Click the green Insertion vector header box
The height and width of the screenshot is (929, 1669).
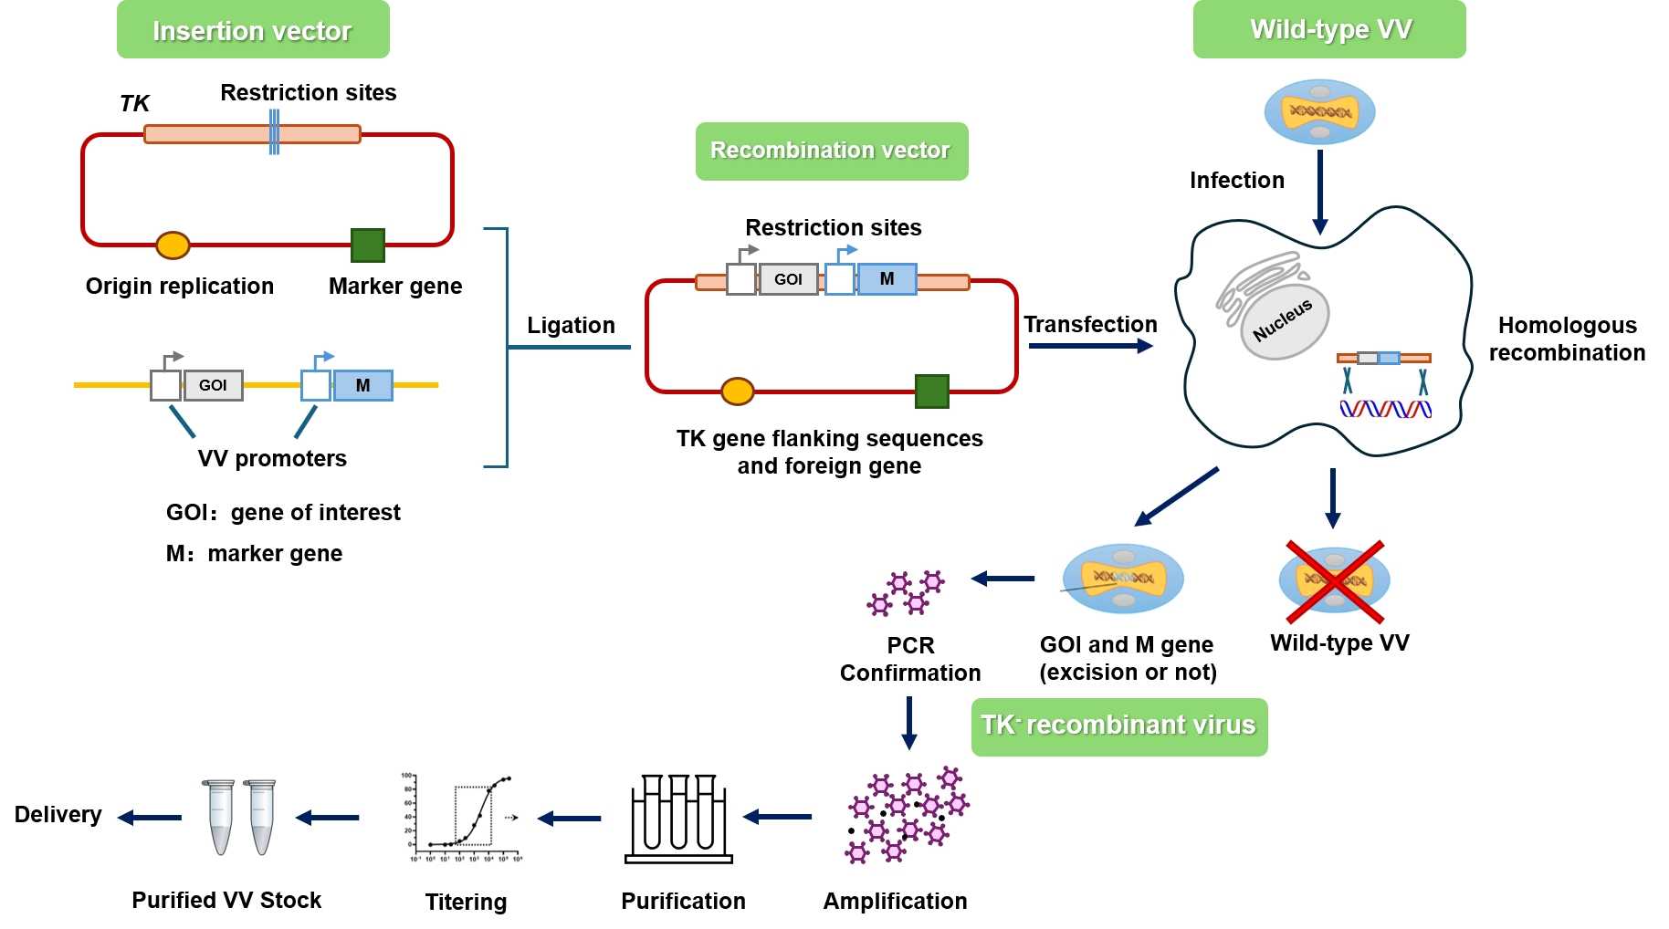[x=253, y=30]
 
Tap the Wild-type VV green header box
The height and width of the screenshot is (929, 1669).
[x=1328, y=30]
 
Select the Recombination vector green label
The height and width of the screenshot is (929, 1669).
[x=831, y=151]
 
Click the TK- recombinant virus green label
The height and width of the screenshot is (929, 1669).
[x=1118, y=726]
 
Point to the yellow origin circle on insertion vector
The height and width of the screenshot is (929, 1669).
[x=173, y=245]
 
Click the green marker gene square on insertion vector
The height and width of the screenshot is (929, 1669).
[x=368, y=245]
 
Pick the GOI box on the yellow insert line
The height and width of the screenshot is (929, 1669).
[x=213, y=385]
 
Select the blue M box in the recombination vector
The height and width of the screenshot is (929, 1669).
[x=887, y=279]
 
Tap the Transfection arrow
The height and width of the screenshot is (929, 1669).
[x=1089, y=346]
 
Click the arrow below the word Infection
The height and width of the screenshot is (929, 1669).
[x=1319, y=193]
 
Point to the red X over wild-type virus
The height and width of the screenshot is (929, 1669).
[x=1335, y=581]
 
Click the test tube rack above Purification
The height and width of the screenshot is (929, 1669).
[x=678, y=819]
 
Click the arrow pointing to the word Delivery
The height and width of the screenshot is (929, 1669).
[x=150, y=818]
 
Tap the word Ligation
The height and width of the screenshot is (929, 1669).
[x=571, y=326]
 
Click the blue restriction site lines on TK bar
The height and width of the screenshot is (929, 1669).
[x=274, y=133]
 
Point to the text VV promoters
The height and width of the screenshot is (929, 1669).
[x=272, y=458]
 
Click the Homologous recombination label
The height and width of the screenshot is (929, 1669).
[x=1566, y=339]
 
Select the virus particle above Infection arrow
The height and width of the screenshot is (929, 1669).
[x=1319, y=112]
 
